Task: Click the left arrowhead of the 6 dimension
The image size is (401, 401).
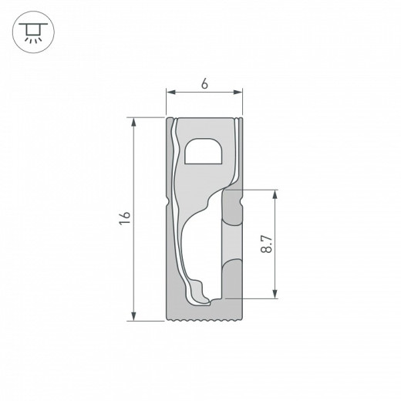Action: tap(170, 94)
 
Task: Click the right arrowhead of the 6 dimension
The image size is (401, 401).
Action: tap(239, 94)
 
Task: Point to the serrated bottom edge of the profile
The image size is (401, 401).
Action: tap(204, 318)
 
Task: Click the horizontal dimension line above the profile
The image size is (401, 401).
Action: tap(204, 94)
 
